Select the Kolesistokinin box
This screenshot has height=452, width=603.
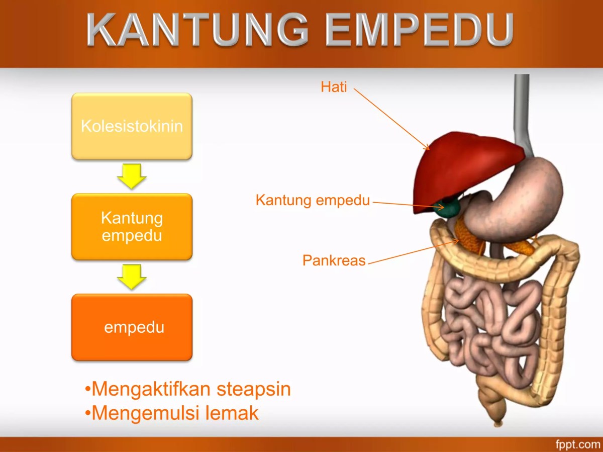(x=132, y=126)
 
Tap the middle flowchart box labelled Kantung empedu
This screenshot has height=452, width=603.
(x=132, y=227)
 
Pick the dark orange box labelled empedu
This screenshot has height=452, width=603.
(x=132, y=327)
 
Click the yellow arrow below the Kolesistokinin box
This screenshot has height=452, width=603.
(x=132, y=176)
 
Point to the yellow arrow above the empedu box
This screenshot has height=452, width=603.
(x=132, y=277)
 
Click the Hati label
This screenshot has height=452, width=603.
(x=334, y=87)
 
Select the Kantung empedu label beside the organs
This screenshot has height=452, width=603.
(x=313, y=200)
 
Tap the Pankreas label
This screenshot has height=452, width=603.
(x=334, y=260)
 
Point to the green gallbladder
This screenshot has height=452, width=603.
(x=448, y=207)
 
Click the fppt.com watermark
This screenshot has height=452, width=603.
(x=577, y=444)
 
